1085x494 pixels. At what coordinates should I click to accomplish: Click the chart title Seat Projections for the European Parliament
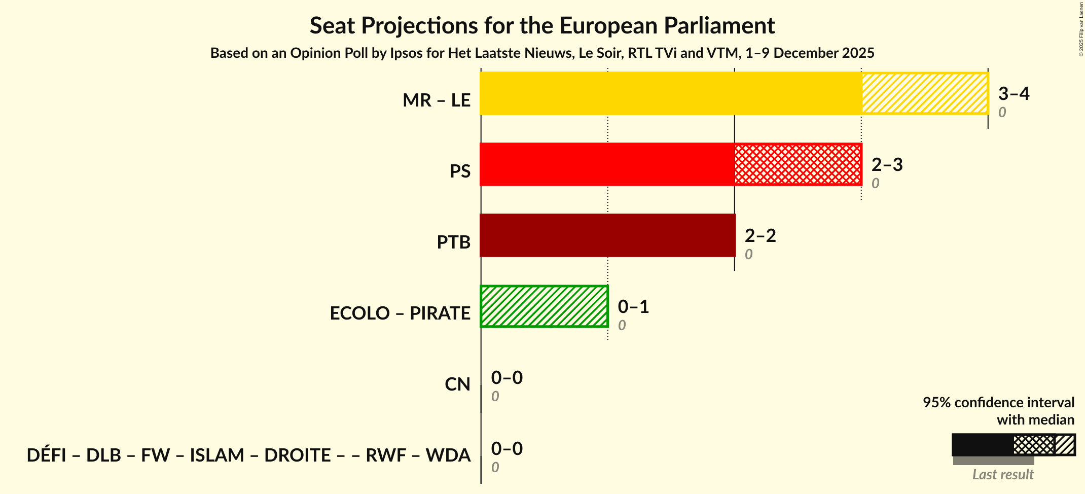pos(542,25)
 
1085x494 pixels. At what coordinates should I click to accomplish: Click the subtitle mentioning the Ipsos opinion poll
pos(542,53)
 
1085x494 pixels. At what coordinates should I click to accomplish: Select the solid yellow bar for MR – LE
pos(670,93)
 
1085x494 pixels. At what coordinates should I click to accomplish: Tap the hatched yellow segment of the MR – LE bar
pos(925,93)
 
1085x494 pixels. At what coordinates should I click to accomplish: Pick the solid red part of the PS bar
pos(607,164)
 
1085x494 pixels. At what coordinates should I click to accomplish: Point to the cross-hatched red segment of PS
pos(798,164)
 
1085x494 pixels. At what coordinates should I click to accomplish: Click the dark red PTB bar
pos(607,235)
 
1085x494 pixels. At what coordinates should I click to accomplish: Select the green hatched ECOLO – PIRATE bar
pos(544,306)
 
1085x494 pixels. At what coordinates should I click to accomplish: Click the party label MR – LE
pos(437,100)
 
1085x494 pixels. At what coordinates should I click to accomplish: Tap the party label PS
pos(460,171)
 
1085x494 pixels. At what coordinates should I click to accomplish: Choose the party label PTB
pos(454,242)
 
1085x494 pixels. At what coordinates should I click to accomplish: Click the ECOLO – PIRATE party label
pos(400,313)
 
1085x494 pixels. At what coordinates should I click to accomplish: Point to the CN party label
pos(457,384)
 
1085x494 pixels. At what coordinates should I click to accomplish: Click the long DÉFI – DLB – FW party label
pos(248,455)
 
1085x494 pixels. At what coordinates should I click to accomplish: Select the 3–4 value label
pos(1014,94)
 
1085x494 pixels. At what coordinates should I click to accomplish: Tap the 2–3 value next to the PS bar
pos(887,165)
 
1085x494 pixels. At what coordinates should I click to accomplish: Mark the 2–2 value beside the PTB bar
pos(760,236)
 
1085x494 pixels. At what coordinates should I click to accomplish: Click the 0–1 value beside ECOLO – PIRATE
pos(633,307)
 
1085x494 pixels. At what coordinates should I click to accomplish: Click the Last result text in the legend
pos(1002,475)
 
